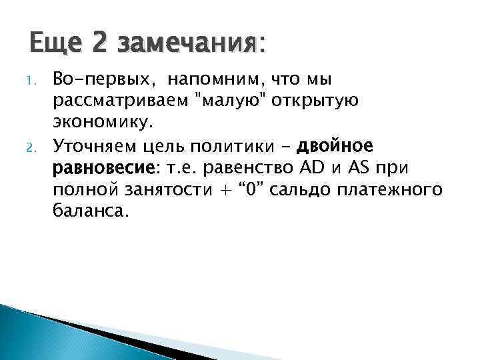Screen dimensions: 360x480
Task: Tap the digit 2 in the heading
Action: pyautogui.click(x=100, y=45)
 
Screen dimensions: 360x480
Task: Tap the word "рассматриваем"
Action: pyautogui.click(x=121, y=102)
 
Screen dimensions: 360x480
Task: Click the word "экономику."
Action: pyautogui.click(x=103, y=123)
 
